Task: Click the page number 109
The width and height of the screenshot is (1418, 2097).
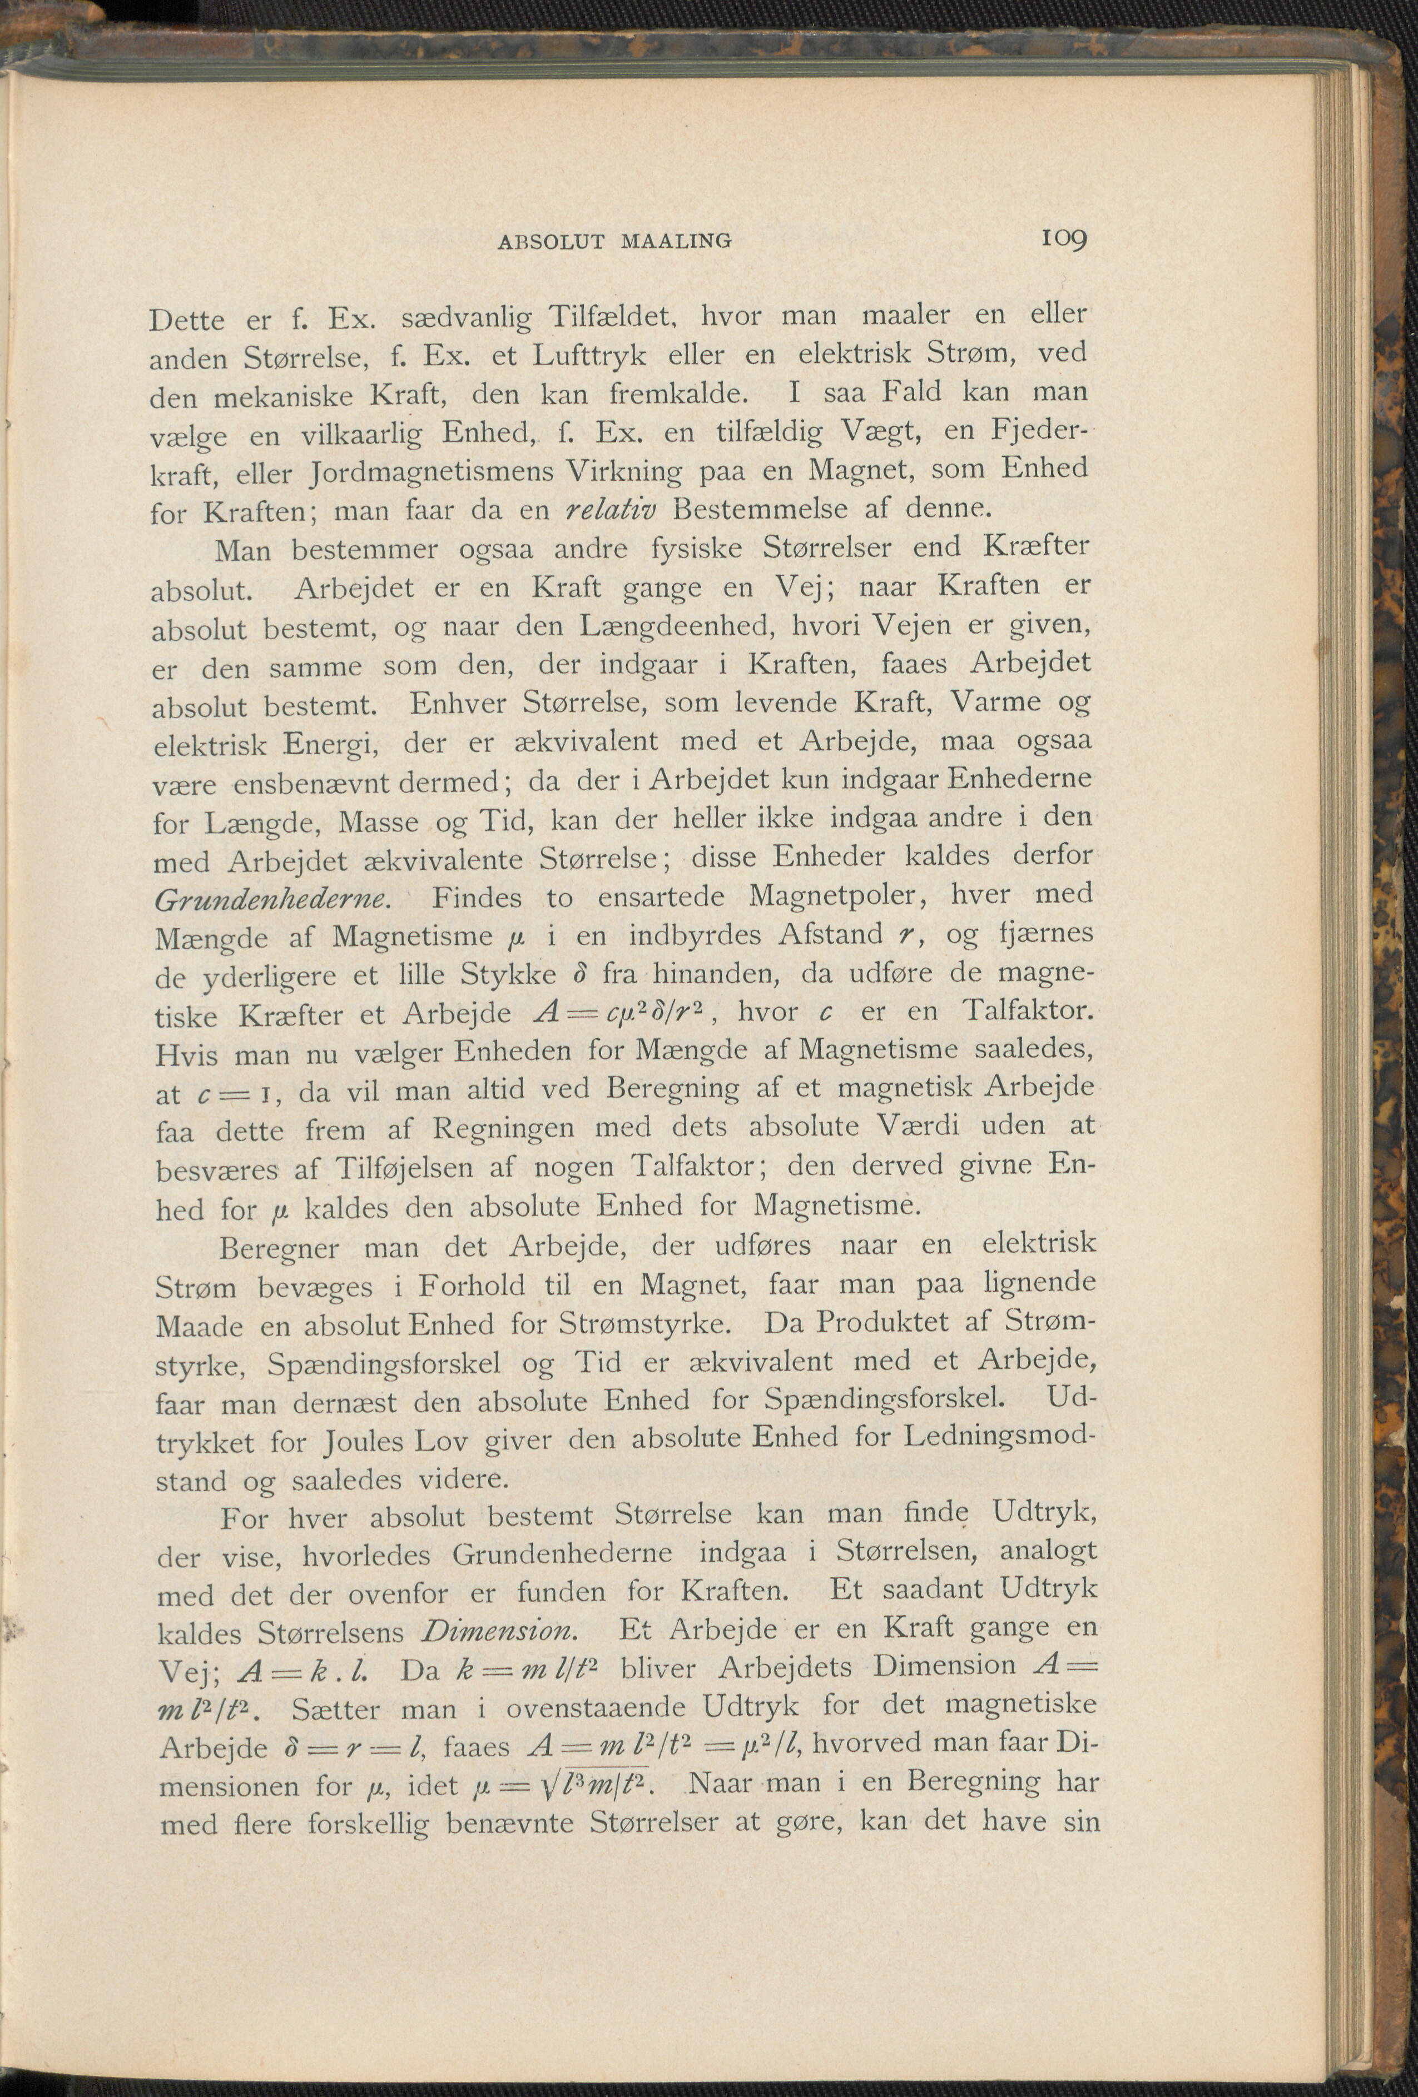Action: click(1065, 238)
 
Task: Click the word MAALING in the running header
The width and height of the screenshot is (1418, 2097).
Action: click(676, 241)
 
